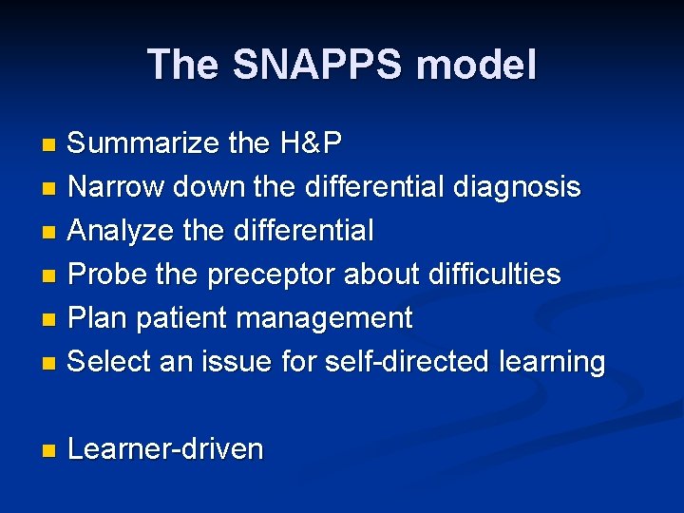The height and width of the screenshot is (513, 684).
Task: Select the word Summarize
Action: coord(144,144)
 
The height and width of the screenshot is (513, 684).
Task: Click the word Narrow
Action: coord(116,187)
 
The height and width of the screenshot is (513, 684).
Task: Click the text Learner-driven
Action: coord(165,449)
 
